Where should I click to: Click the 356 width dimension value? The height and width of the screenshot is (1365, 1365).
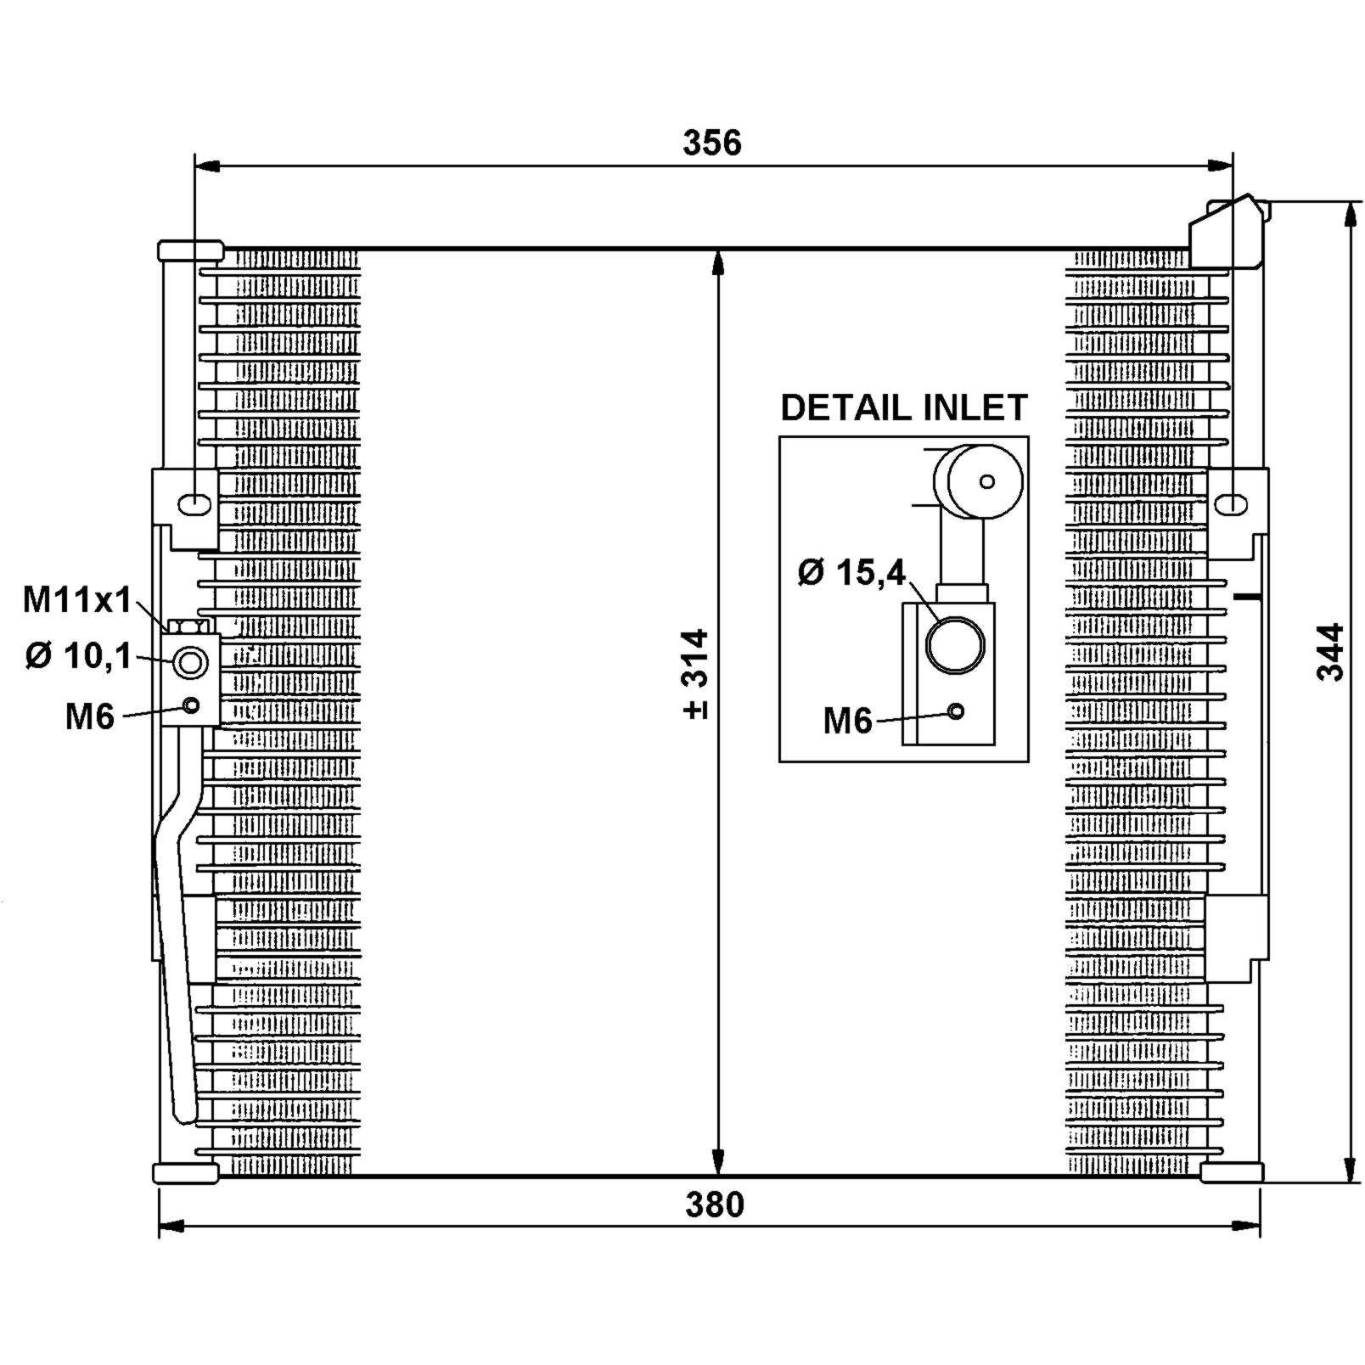coord(711,143)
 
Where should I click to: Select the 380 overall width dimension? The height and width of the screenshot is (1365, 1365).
coord(714,1205)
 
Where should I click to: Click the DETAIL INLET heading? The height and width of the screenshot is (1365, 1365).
coord(904,408)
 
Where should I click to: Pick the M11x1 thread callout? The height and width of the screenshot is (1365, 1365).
coord(77,600)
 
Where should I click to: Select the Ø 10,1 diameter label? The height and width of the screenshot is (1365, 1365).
coord(79,655)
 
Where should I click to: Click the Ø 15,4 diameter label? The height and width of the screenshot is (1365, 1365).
coord(852,572)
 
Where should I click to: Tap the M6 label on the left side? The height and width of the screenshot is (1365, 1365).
coord(90,717)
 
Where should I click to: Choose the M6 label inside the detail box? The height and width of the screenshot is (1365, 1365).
coord(847,722)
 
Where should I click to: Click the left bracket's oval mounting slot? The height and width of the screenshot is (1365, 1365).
coord(194,503)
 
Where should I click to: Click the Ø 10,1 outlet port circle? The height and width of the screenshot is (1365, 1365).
coord(190,663)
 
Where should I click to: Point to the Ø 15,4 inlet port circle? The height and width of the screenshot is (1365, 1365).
coord(954,644)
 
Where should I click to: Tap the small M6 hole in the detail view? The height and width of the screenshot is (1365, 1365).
coord(956,711)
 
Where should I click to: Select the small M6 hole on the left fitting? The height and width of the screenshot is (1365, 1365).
coord(192,705)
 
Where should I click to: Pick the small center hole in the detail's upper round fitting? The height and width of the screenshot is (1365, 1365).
coord(986,481)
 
